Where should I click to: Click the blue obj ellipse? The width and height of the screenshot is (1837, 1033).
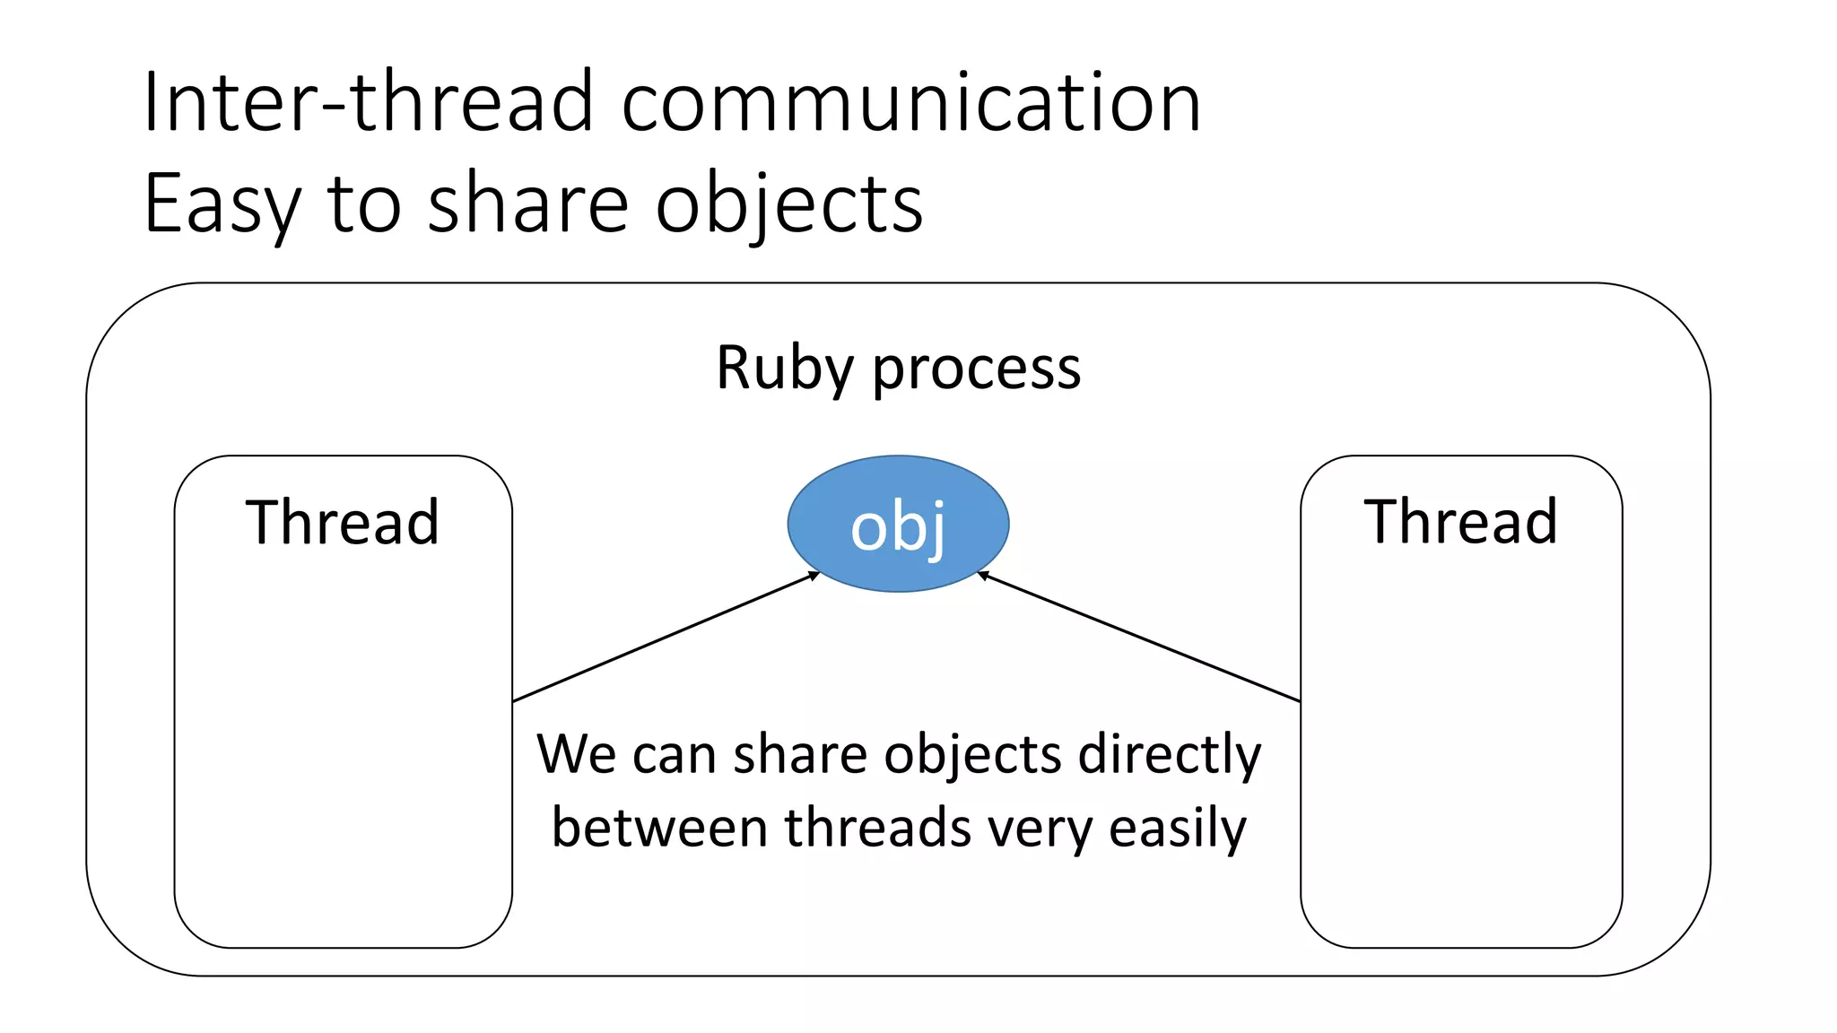pyautogui.click(x=898, y=525)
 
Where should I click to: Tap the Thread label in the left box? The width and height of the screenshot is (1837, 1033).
pyautogui.click(x=342, y=522)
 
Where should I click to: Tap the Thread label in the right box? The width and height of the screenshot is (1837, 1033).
pyautogui.click(x=1460, y=522)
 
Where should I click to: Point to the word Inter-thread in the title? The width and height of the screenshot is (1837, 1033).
pyautogui.click(x=368, y=102)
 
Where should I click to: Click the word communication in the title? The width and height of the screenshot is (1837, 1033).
pyautogui.click(x=910, y=102)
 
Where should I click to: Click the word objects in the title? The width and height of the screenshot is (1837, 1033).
pyautogui.click(x=788, y=204)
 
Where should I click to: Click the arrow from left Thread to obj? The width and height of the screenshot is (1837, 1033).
pyautogui.click(x=664, y=637)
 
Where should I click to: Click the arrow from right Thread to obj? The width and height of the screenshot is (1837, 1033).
pyautogui.click(x=1139, y=637)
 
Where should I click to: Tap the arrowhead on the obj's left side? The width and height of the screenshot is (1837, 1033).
pyautogui.click(x=814, y=575)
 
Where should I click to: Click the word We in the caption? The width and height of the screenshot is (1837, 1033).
pyautogui.click(x=576, y=754)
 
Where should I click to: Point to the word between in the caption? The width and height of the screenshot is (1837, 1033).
pyautogui.click(x=659, y=828)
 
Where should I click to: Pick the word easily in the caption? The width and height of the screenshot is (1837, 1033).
pyautogui.click(x=1178, y=828)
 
